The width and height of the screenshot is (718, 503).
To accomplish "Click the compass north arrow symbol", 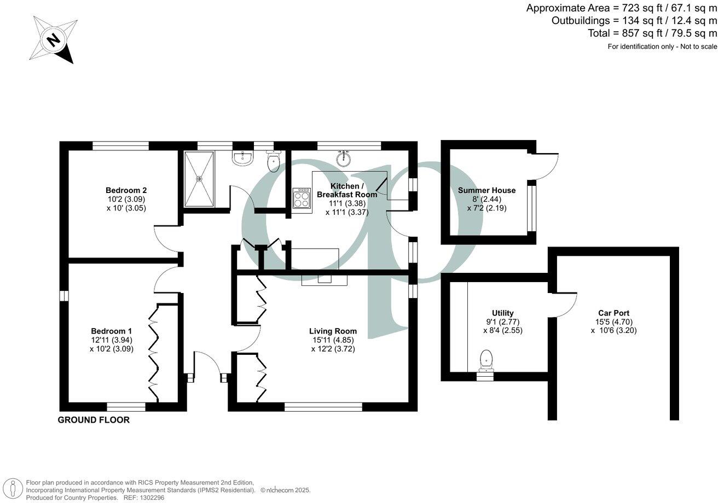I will [x=53, y=39].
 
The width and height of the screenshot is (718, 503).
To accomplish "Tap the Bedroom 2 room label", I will [x=126, y=190].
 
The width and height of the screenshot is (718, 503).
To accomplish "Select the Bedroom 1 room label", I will [x=111, y=331].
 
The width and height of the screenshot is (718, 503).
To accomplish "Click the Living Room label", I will [x=333, y=331].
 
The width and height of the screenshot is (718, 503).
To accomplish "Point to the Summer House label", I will [x=487, y=190].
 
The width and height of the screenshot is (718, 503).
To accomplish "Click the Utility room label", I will [x=502, y=313].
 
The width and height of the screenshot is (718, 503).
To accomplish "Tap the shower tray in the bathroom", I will [x=200, y=179].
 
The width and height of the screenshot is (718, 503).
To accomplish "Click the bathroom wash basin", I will [x=242, y=158].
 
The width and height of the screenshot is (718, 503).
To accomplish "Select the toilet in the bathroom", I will [x=274, y=160].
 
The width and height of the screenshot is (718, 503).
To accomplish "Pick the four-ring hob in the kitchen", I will [x=302, y=198].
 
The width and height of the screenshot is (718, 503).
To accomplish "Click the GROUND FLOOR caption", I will [x=94, y=420].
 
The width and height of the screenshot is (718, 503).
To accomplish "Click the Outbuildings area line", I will [x=634, y=21].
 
